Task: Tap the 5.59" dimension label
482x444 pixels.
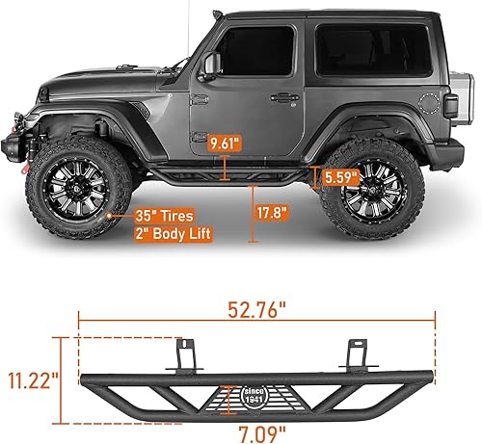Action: pos(341,178)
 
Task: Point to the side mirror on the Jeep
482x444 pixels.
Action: pos(211,65)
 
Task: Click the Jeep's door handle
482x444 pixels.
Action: pos(285,97)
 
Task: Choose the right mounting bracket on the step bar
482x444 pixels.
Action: pos(360,355)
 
